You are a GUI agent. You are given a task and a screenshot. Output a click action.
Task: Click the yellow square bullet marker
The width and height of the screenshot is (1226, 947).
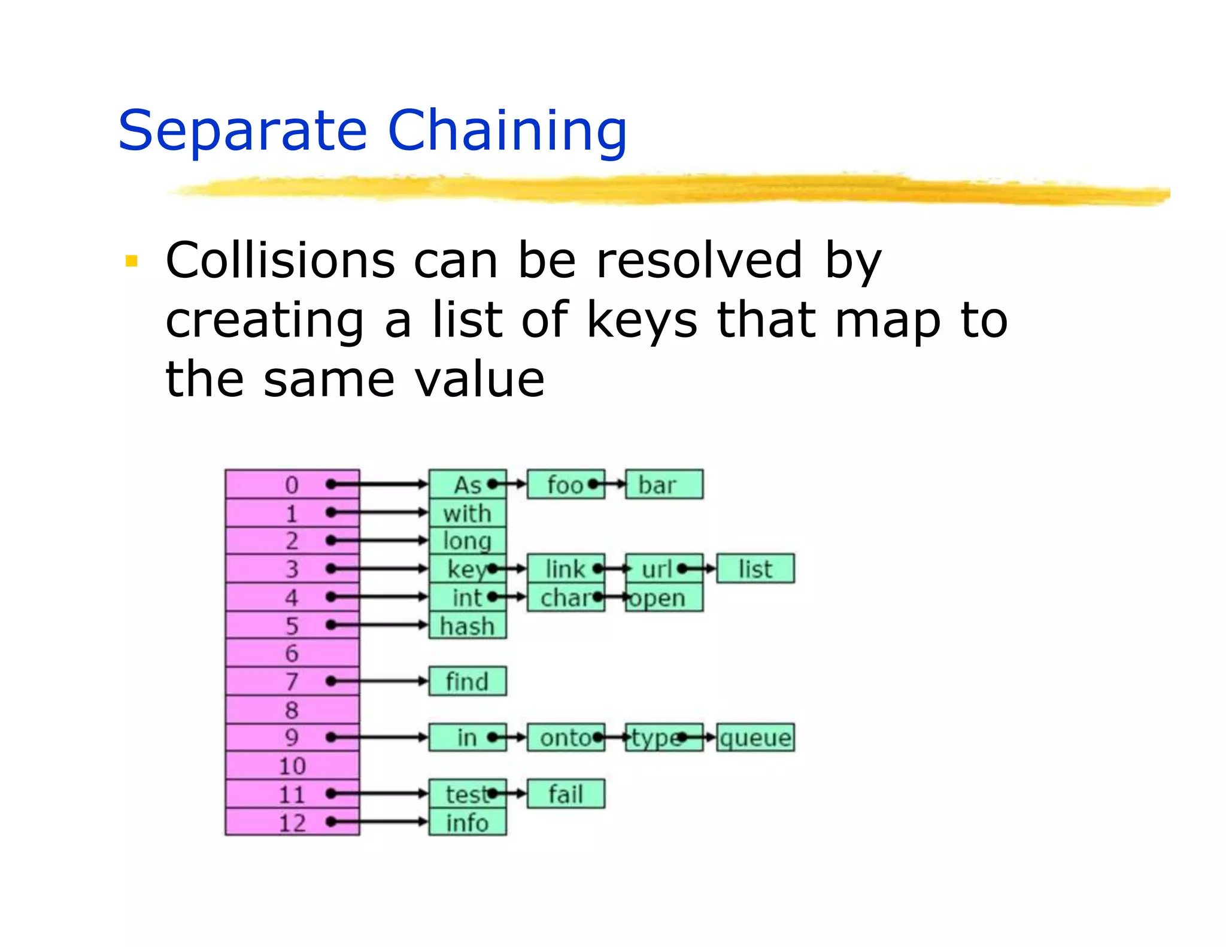tap(132, 261)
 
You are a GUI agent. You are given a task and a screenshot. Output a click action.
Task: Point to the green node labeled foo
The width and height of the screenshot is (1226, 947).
tap(566, 484)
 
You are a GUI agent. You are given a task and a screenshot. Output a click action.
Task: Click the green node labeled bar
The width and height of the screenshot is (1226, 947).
tap(664, 484)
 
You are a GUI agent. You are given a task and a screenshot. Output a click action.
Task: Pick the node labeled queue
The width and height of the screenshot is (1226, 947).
tap(755, 737)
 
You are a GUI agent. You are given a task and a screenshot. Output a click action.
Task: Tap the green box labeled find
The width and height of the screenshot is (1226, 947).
tap(468, 681)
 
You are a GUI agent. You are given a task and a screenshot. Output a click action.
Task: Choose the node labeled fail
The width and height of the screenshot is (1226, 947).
tap(566, 794)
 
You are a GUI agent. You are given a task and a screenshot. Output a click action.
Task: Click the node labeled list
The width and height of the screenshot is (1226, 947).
tap(755, 569)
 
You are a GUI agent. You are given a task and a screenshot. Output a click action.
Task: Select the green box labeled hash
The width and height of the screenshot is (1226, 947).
tap(468, 626)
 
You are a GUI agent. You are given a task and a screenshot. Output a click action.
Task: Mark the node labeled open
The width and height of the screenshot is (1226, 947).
tap(664, 597)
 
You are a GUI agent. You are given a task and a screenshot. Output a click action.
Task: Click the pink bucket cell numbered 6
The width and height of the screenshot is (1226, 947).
tap(292, 653)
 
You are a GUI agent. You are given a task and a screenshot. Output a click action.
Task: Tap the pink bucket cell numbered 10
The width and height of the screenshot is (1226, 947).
tap(292, 766)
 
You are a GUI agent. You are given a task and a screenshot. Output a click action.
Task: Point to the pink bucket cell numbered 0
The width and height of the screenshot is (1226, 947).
tap(292, 484)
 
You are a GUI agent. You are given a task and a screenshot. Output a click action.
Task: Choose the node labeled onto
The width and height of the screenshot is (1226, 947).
tap(566, 737)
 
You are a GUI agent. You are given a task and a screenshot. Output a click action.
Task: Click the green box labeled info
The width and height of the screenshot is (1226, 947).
tap(468, 822)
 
